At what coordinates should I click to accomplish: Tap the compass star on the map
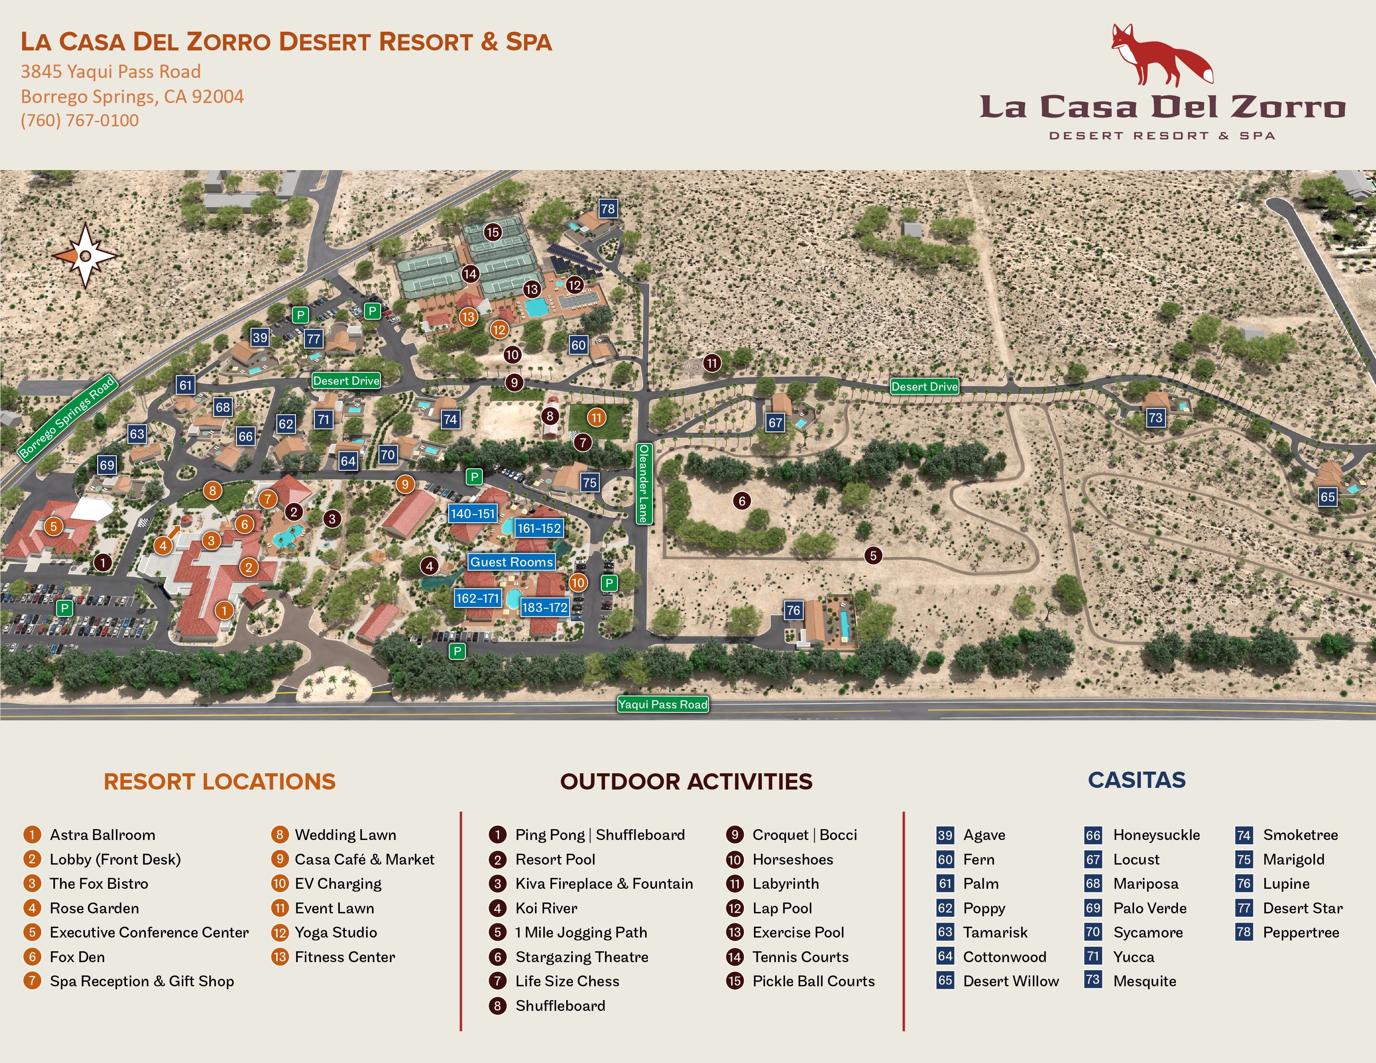click(85, 255)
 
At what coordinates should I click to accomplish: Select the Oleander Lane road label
click(643, 483)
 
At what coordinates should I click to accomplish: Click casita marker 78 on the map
click(608, 209)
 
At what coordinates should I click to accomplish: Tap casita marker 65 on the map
click(1327, 497)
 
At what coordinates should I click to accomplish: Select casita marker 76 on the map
click(793, 609)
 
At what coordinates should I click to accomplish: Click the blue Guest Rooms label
click(512, 562)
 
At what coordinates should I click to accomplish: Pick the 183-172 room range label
click(544, 607)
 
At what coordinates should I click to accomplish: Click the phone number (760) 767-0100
click(80, 120)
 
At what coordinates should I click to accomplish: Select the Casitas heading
click(1137, 780)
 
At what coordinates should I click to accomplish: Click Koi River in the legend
click(546, 908)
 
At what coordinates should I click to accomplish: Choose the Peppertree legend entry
click(1301, 932)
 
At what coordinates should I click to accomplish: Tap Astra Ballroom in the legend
click(102, 835)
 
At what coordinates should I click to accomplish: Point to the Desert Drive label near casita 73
click(924, 387)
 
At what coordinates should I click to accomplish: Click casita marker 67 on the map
click(775, 423)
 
